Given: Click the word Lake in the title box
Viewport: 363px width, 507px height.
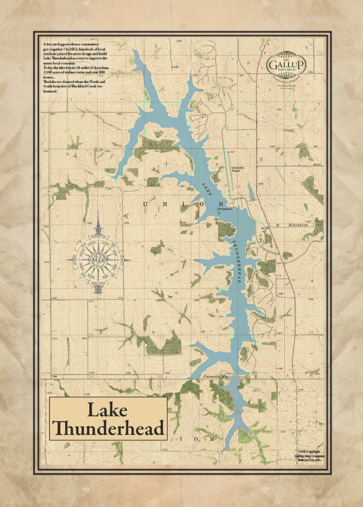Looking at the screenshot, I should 107,410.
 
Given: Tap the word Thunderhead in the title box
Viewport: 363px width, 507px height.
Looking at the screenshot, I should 109,428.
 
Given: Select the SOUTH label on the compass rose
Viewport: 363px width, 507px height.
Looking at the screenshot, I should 98,284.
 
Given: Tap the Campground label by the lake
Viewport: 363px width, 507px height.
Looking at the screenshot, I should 225,209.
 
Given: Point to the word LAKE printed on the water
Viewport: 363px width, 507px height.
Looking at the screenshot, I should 207,189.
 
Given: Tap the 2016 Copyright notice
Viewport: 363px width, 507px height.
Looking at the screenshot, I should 309,452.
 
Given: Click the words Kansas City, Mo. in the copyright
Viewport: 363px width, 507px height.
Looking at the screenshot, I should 310,460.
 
